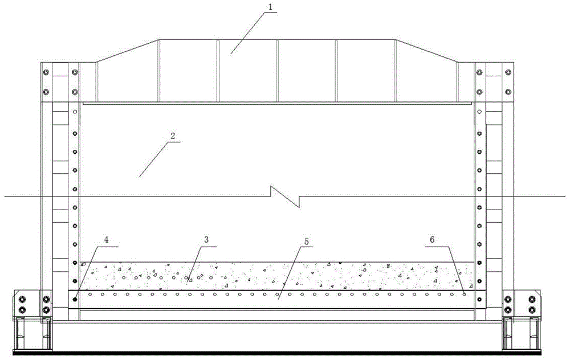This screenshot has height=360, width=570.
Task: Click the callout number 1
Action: (270, 7)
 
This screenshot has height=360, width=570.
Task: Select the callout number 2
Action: (173, 136)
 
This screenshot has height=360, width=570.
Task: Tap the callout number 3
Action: (206, 240)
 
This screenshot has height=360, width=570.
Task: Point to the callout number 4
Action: (106, 240)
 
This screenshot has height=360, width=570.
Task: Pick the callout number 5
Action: (307, 241)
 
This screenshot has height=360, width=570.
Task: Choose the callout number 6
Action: (432, 240)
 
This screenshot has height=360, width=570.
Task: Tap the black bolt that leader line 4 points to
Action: (75, 299)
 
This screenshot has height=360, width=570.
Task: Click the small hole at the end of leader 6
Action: (464, 294)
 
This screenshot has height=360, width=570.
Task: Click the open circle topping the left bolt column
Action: (75, 112)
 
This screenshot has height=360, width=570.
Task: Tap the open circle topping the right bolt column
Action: (479, 112)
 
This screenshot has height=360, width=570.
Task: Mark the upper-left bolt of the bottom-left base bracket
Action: (22, 300)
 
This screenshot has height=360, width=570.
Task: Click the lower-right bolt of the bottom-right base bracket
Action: (532, 310)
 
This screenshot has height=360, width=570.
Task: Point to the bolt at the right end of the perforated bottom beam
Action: (479, 299)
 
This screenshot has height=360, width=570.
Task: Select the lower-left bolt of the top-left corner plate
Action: (46, 92)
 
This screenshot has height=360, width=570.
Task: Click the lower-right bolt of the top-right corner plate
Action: (508, 92)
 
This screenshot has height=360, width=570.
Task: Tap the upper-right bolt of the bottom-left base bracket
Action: (46, 300)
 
